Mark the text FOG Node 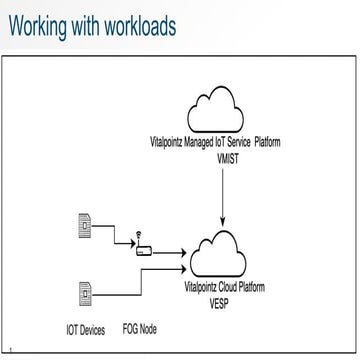point(140,328)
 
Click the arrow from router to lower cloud point(172,254)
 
